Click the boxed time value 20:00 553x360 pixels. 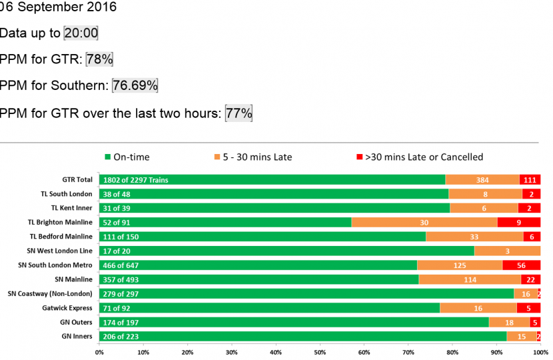coord(81,33)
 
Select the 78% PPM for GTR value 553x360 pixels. coord(99,59)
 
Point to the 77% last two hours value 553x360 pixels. coord(239,113)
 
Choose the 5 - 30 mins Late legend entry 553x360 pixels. coord(253,157)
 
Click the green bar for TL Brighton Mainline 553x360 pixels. coord(225,223)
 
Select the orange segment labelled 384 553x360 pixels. coord(482,180)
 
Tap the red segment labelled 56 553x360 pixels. coord(521,265)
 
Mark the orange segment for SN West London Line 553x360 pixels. coord(507,251)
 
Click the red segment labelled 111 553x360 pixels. coord(530,180)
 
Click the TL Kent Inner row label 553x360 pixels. coord(69,208)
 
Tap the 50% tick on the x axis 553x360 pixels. coord(320,352)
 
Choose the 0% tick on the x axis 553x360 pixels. coord(99,352)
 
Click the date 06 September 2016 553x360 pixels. coord(58,7)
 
